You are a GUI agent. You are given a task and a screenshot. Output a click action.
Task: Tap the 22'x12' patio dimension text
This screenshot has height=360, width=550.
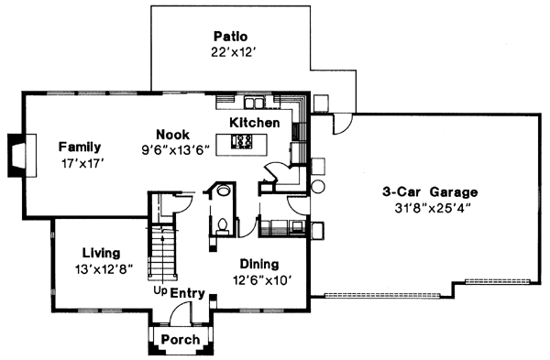(x=231, y=54)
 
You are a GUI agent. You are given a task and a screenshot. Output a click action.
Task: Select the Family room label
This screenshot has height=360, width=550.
(x=80, y=147)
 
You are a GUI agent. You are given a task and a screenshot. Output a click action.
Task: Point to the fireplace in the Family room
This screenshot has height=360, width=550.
(x=18, y=152)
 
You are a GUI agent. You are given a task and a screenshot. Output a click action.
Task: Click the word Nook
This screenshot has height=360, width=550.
(x=173, y=133)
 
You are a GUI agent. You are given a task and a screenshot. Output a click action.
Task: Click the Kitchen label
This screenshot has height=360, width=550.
(x=255, y=123)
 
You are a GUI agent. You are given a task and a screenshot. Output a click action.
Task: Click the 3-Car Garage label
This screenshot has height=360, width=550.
(x=431, y=192)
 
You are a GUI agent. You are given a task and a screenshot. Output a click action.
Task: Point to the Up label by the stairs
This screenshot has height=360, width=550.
(x=159, y=291)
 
